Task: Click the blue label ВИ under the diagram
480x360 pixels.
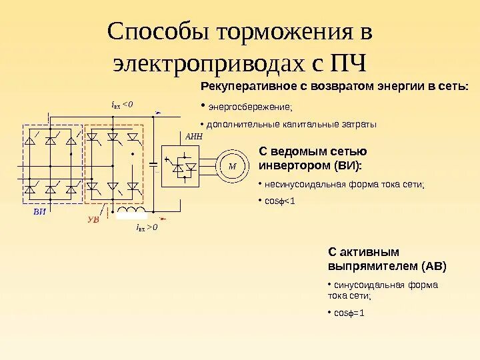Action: (x=41, y=211)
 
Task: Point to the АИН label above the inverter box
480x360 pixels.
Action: (x=193, y=135)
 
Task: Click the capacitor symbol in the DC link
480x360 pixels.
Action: (x=155, y=161)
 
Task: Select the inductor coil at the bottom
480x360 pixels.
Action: (x=131, y=213)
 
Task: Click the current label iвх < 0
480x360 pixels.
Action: (x=122, y=104)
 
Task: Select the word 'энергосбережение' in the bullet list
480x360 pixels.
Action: (x=250, y=107)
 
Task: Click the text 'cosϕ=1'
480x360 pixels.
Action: (x=349, y=313)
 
